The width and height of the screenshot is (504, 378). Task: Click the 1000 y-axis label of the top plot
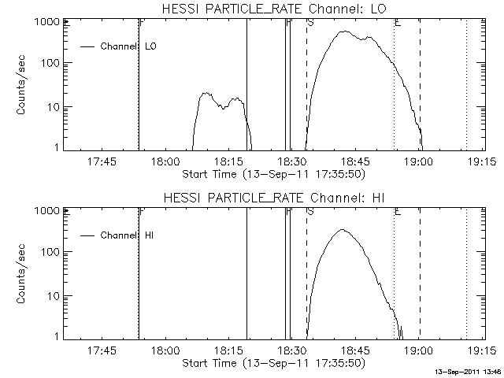point(44,22)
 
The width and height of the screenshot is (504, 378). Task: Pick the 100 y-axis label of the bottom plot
point(46,252)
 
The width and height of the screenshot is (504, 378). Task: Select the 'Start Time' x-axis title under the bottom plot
point(272,363)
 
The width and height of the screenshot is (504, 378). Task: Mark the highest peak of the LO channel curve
point(343,31)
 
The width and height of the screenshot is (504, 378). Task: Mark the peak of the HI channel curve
point(341,229)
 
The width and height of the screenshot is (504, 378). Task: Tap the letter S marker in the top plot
point(310,24)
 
